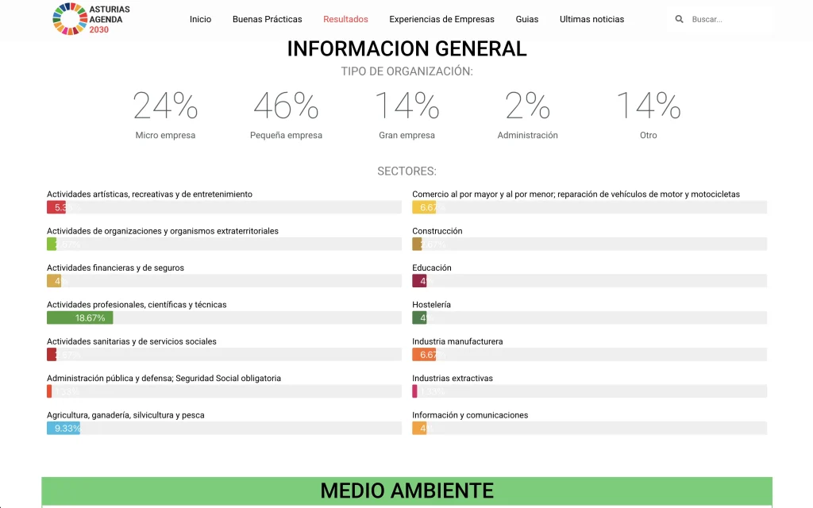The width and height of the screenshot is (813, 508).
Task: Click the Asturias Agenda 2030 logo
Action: point(91,19)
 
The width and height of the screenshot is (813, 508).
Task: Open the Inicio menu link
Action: point(200,19)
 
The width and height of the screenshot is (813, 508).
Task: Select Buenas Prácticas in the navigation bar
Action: point(267,19)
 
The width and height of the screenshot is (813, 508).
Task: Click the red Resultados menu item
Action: point(345,19)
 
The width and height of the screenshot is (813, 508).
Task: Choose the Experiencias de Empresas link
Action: point(441,19)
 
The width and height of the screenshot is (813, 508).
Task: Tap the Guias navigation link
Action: point(526,19)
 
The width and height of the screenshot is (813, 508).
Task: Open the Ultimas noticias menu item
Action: point(591,19)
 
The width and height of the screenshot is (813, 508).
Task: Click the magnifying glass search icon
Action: point(679,19)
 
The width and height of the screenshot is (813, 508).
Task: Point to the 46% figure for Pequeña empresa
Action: point(286,106)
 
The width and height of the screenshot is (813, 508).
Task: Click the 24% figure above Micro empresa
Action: point(165,106)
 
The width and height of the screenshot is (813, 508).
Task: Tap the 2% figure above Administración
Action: point(527,106)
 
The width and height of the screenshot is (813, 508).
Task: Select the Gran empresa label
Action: point(406,136)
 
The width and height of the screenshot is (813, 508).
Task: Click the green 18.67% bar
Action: point(79,318)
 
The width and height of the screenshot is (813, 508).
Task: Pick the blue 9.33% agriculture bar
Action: point(64,429)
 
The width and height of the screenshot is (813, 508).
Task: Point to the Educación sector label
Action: point(432,268)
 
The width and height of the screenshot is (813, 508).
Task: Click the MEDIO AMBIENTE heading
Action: point(406,491)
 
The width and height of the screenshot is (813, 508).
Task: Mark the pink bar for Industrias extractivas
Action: point(414,391)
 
